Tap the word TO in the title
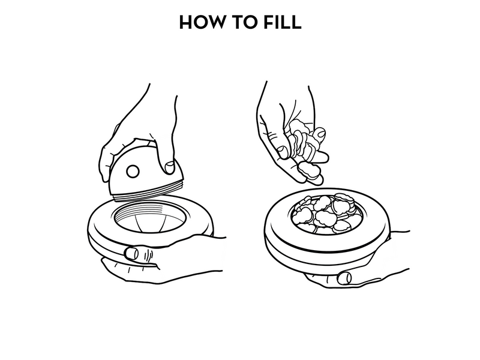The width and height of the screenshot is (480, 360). (244, 22)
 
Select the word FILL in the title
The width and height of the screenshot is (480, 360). (283, 22)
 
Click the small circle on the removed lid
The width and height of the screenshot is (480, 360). (133, 171)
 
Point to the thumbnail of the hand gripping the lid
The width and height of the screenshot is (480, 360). (170, 167)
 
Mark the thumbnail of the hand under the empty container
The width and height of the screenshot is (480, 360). (132, 253)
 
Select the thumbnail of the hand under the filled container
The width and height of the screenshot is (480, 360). (344, 278)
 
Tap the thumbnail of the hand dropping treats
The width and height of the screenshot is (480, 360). (281, 152)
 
